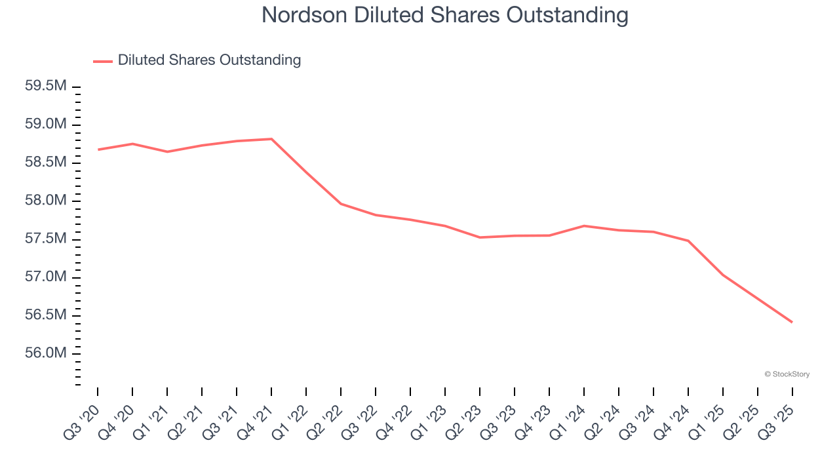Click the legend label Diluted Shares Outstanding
point(209,60)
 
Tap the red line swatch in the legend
point(103,61)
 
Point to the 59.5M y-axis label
point(46,87)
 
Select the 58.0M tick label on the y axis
point(46,201)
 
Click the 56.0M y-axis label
point(46,353)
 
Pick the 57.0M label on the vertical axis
point(46,277)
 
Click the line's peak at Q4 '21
point(271,139)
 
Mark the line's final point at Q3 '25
point(792,322)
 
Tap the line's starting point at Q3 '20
point(98,149)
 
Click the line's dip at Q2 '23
point(480,237)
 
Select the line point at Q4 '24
point(688,241)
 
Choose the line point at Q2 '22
point(341,204)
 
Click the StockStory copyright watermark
point(787,374)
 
